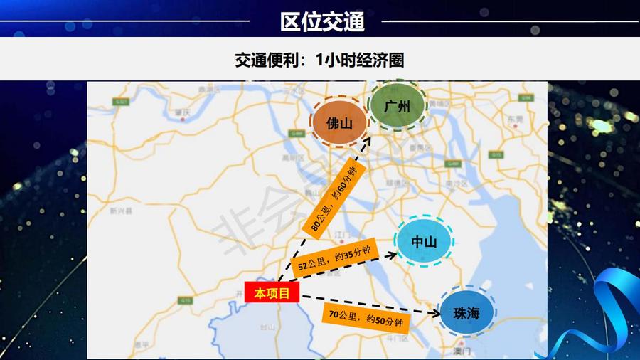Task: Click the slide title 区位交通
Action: coord(322,21)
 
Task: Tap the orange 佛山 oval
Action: coord(339,123)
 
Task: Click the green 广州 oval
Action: coord(397,107)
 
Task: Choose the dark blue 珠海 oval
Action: coord(466,312)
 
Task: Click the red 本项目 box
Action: coord(272,292)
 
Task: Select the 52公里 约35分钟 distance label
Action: coord(335,258)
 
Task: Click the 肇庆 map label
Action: coord(183,112)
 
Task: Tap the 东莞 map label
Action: coord(514,118)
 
